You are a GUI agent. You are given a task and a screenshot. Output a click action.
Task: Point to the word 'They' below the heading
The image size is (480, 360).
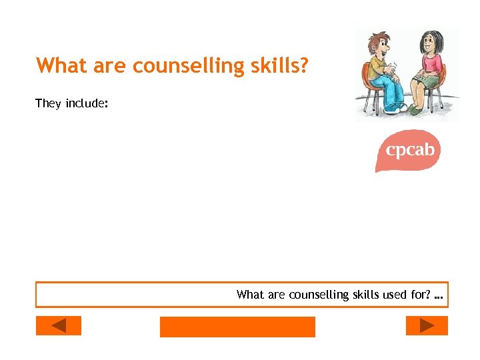48,103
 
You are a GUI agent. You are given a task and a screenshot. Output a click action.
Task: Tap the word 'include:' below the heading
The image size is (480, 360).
87,103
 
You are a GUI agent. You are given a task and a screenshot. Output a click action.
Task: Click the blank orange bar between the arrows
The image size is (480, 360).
237,327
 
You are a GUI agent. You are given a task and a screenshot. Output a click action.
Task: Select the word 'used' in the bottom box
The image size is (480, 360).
394,295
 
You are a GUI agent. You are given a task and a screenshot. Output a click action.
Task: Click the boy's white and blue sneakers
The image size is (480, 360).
395,107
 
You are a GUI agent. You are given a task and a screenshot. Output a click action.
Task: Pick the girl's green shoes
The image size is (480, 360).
416,109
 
